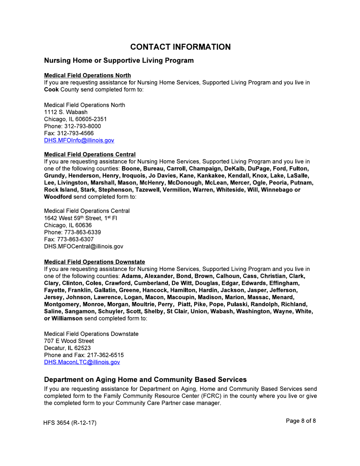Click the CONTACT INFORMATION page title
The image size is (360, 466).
pyautogui.click(x=180, y=47)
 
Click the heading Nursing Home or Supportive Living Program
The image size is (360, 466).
pyautogui.click(x=119, y=61)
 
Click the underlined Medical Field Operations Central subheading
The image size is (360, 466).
pyautogui.click(x=90, y=155)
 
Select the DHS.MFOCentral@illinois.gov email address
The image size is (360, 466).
pyautogui.click(x=83, y=246)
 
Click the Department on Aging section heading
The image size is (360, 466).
pyautogui.click(x=145, y=379)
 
